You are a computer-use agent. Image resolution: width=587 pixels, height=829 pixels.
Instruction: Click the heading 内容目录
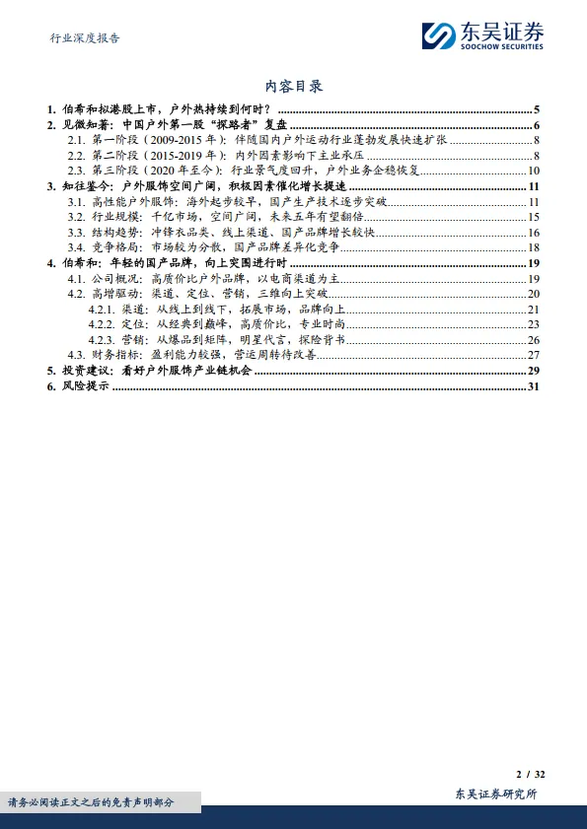point(294,87)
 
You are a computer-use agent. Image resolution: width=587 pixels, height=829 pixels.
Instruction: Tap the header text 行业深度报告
point(85,38)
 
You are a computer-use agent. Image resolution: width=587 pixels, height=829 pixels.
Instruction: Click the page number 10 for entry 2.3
point(532,171)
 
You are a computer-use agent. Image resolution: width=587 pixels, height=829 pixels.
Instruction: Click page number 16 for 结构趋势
point(532,232)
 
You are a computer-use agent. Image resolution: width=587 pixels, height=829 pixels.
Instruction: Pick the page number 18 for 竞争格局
point(532,247)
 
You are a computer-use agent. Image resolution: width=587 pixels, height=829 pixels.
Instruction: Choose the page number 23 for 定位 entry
point(532,324)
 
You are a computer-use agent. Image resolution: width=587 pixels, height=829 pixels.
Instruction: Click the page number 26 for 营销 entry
point(532,340)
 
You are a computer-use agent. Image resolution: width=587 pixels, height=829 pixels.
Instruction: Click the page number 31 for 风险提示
point(532,386)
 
